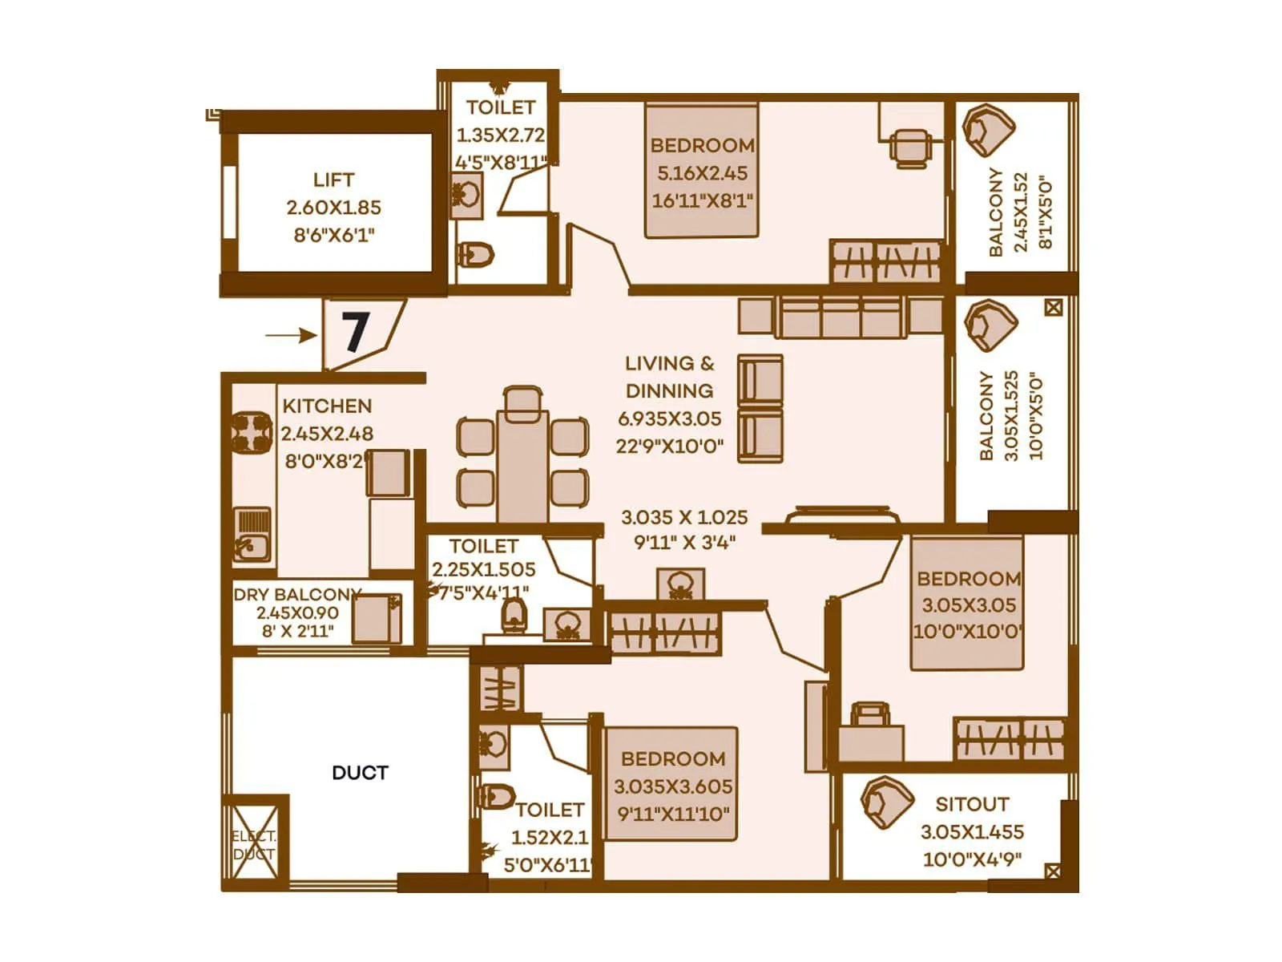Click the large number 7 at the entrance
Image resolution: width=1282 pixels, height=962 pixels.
[x=355, y=332]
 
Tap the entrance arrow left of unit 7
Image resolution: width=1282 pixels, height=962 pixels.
[x=291, y=335]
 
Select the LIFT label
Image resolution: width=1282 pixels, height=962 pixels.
[x=333, y=180]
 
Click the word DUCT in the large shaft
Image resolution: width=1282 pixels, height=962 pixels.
[x=360, y=773]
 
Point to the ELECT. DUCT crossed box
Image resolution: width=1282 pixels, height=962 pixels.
[x=254, y=844]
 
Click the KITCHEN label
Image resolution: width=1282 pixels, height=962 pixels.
[x=327, y=406]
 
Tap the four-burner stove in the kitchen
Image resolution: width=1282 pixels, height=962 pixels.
[x=252, y=434]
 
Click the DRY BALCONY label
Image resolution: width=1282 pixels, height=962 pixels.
[x=296, y=595]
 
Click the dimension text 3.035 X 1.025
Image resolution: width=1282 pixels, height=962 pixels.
[x=684, y=517]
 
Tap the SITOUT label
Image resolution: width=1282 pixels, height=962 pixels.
[x=972, y=804]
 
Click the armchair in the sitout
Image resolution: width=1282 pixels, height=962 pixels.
[x=886, y=802]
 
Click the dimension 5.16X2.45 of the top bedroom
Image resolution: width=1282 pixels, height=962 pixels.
[x=702, y=173]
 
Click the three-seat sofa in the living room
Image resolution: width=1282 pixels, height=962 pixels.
[x=841, y=317]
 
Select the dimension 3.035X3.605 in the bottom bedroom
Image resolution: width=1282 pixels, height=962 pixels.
[x=673, y=786]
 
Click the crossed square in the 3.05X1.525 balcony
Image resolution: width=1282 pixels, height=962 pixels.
[x=1054, y=307]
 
